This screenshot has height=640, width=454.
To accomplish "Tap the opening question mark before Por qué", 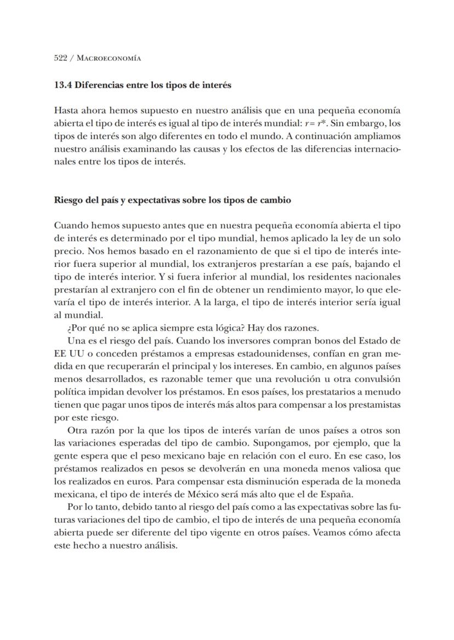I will (x=69, y=328).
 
